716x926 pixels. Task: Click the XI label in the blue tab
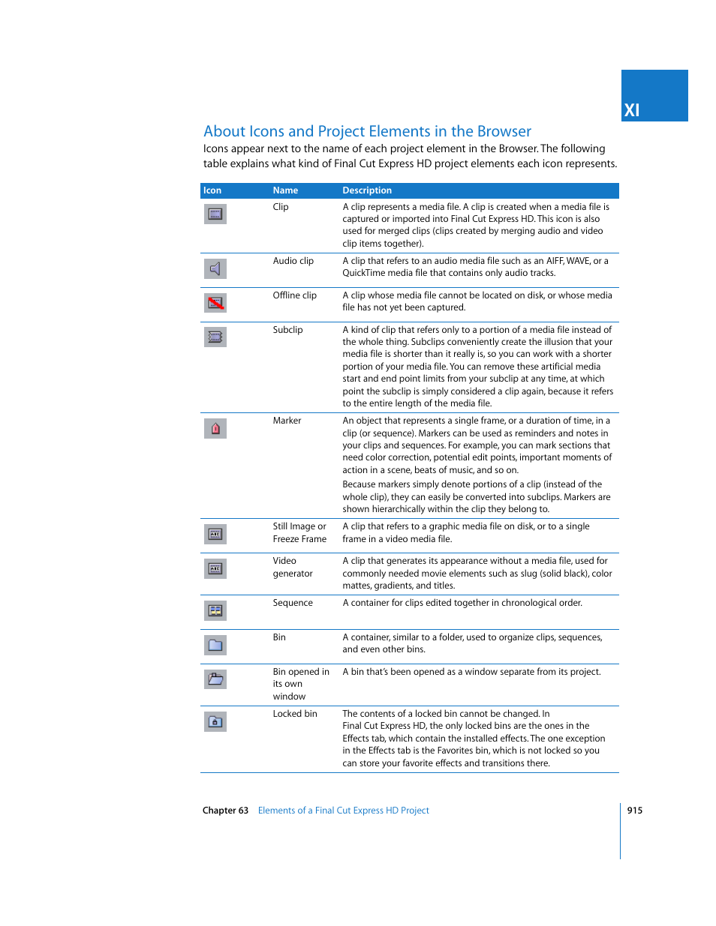pyautogui.click(x=632, y=110)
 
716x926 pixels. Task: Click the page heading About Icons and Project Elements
pyautogui.click(x=367, y=131)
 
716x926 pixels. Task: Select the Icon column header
pyautogui.click(x=212, y=190)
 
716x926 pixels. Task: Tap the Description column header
pyautogui.click(x=367, y=190)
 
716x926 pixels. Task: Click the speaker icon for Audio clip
pyautogui.click(x=215, y=268)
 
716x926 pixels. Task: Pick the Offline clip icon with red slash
pyautogui.click(x=215, y=303)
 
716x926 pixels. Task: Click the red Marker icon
pyautogui.click(x=215, y=429)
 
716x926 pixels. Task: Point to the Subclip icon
pyautogui.click(x=215, y=337)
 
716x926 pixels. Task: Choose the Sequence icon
pyautogui.click(x=215, y=610)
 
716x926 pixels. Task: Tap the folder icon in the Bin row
pyautogui.click(x=215, y=645)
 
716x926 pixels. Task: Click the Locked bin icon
pyautogui.click(x=215, y=721)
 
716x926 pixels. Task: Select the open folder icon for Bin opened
pyautogui.click(x=215, y=679)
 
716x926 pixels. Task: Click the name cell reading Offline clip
pyautogui.click(x=294, y=295)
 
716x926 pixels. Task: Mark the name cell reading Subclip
pyautogui.click(x=287, y=330)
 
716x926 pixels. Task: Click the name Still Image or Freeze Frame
pyautogui.click(x=299, y=532)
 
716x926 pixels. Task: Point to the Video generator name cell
pyautogui.click(x=292, y=567)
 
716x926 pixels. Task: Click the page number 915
pyautogui.click(x=634, y=811)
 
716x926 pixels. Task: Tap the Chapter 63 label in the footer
pyautogui.click(x=225, y=811)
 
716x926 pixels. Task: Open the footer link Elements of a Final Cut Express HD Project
pyautogui.click(x=343, y=811)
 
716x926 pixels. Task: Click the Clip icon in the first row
pyautogui.click(x=215, y=214)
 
